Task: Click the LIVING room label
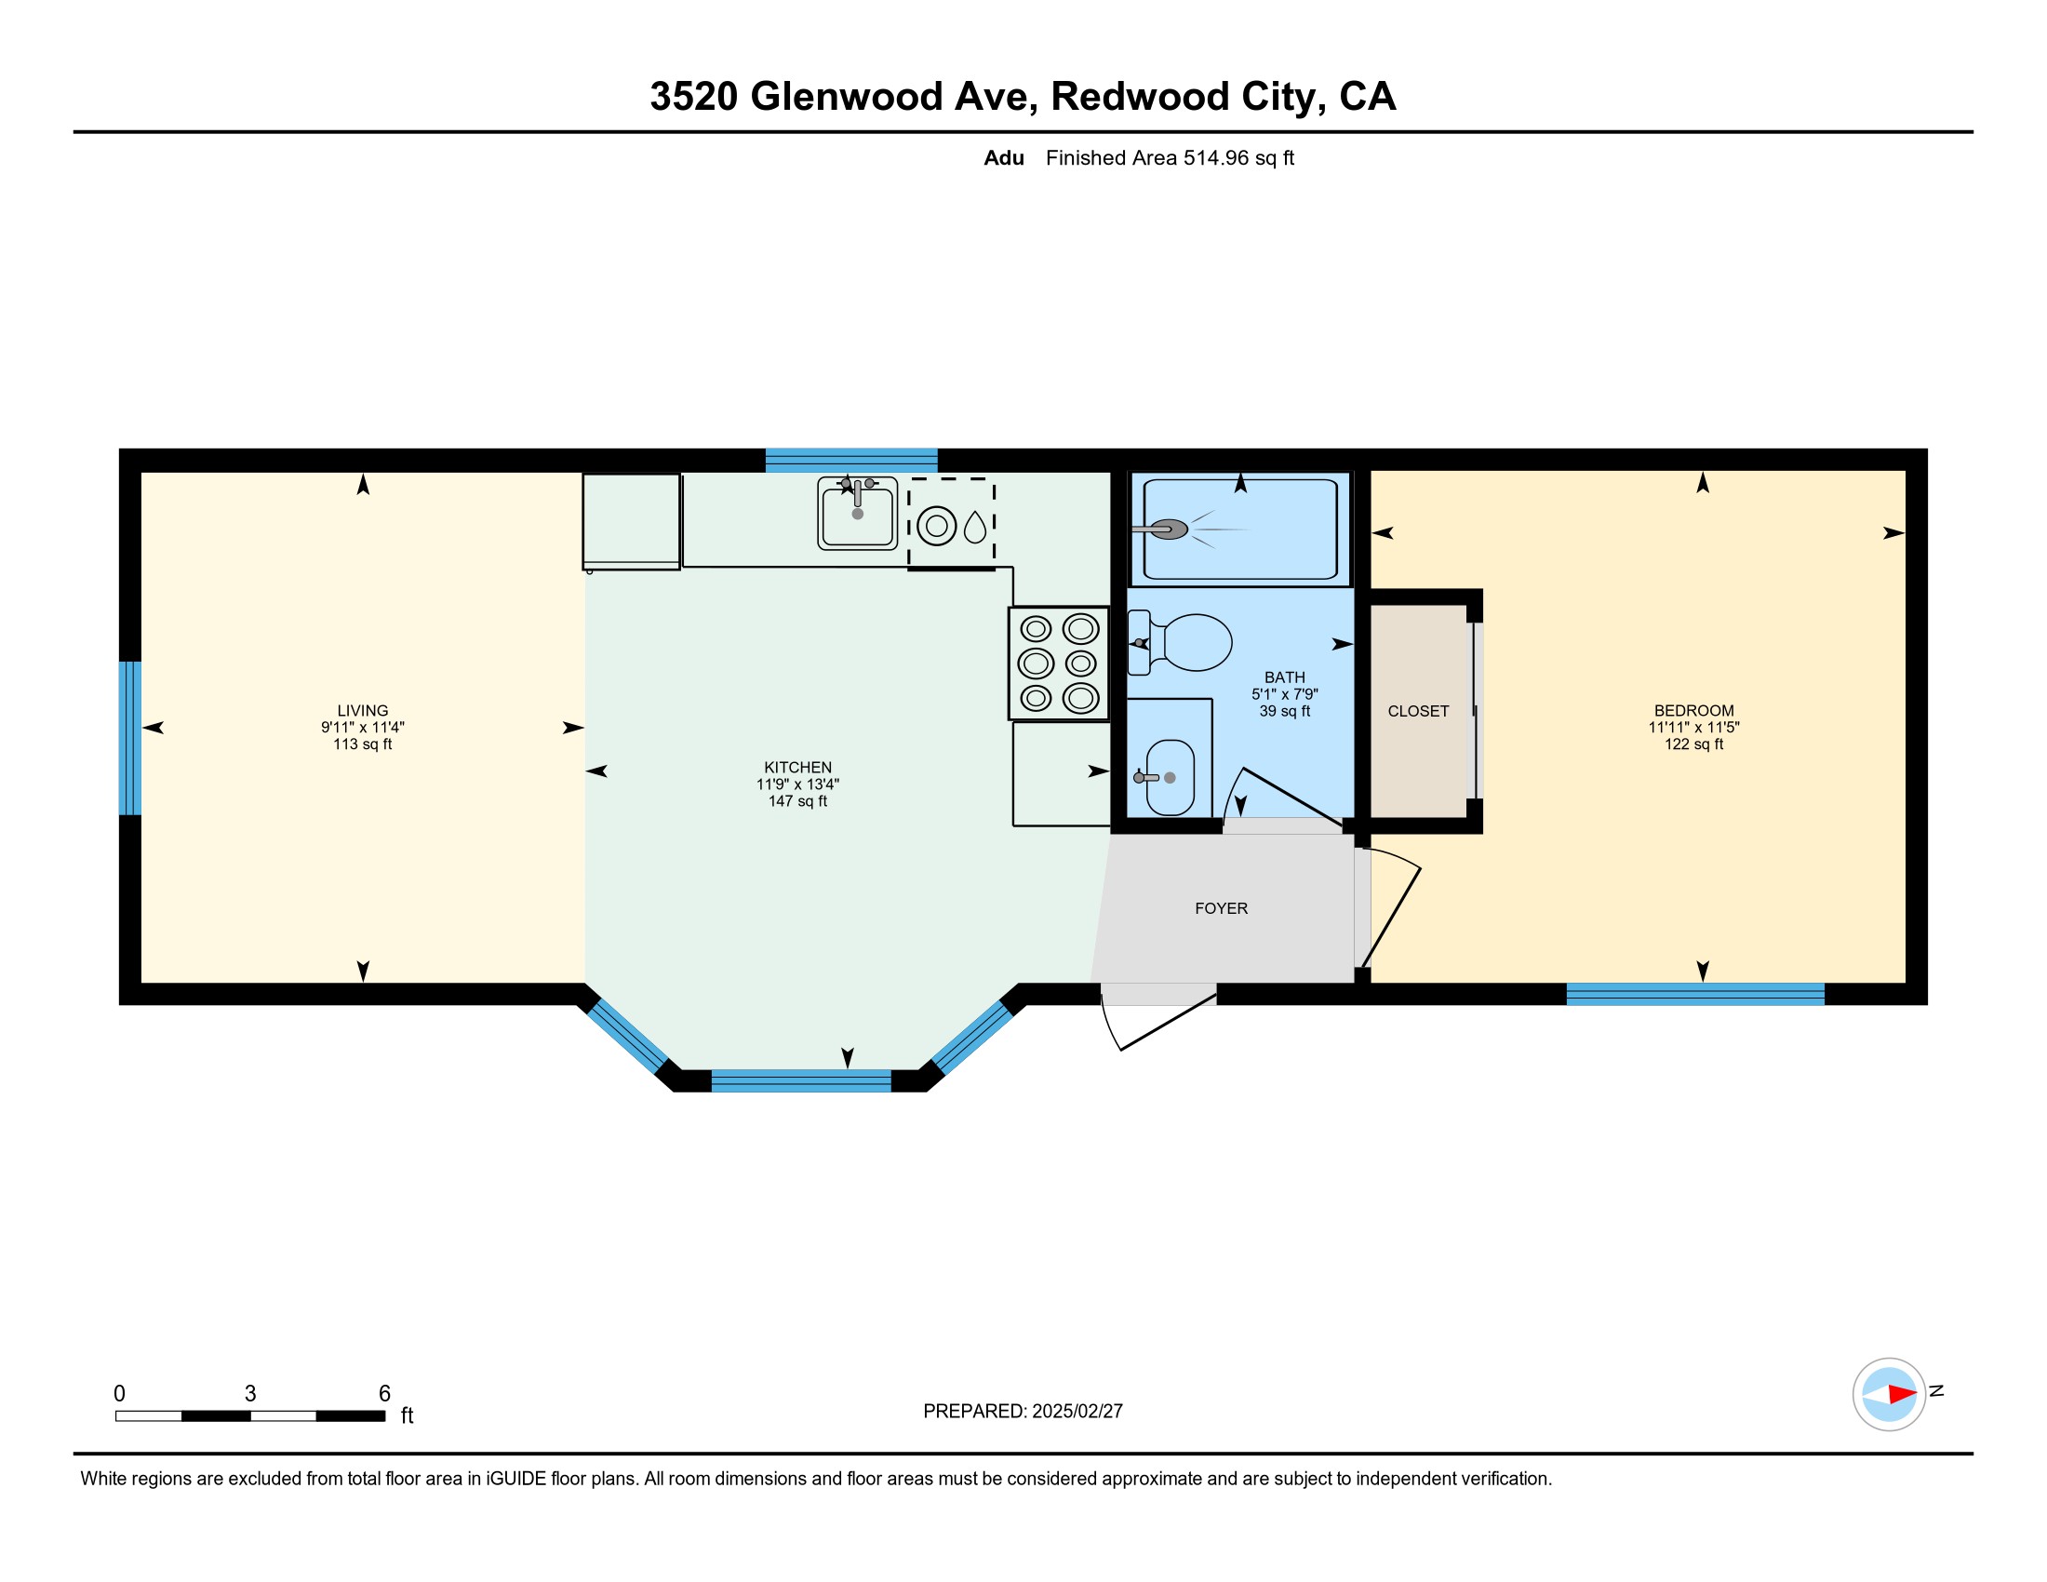click(362, 710)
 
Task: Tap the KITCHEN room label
click(797, 767)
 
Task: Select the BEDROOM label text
click(1693, 710)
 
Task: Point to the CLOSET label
click(1418, 711)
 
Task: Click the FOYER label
click(1222, 908)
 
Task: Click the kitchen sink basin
click(858, 513)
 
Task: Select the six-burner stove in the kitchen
click(1058, 664)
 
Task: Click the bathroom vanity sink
click(1169, 777)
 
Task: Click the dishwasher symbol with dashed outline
click(951, 523)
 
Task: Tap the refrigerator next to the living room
click(631, 521)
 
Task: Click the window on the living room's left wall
click(130, 739)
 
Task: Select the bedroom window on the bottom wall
click(1695, 994)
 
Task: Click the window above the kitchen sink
click(851, 460)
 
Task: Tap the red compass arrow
click(1902, 1394)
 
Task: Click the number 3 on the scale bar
click(250, 1394)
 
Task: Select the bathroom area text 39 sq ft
click(1284, 711)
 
